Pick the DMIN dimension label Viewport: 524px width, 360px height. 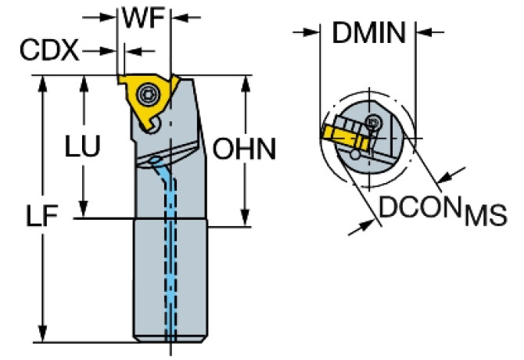(x=368, y=33)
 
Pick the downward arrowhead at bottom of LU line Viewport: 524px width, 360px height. (x=81, y=211)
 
